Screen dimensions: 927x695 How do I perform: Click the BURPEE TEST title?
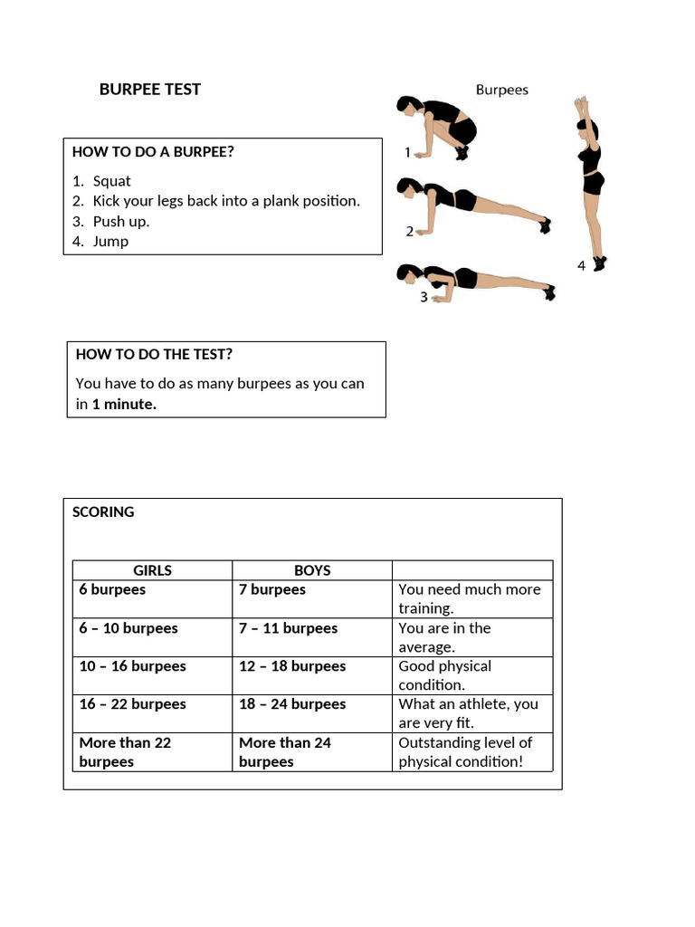click(x=150, y=89)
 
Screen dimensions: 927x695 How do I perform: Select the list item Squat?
click(x=111, y=181)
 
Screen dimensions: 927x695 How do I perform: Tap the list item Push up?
click(x=120, y=221)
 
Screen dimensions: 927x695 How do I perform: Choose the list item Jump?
click(x=110, y=241)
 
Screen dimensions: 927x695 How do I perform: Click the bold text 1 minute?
click(x=124, y=405)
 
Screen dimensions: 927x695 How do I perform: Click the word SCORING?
click(x=103, y=511)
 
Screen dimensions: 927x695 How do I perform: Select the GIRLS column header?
click(x=152, y=570)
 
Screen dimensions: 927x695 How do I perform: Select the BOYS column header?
click(x=312, y=570)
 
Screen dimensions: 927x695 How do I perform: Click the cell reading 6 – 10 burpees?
click(x=129, y=628)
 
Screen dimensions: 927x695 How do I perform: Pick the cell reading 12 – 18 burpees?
click(x=292, y=666)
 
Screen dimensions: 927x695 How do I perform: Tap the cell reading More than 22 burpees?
click(x=125, y=751)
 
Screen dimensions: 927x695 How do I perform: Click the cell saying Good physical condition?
click(x=444, y=675)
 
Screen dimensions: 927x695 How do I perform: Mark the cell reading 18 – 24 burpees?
click(x=292, y=704)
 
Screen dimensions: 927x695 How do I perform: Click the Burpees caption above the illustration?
click(x=502, y=90)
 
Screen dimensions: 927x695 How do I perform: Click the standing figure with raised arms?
click(x=590, y=181)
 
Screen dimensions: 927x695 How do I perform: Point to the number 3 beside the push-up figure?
click(x=424, y=297)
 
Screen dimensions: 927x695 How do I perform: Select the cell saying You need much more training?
click(x=469, y=598)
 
